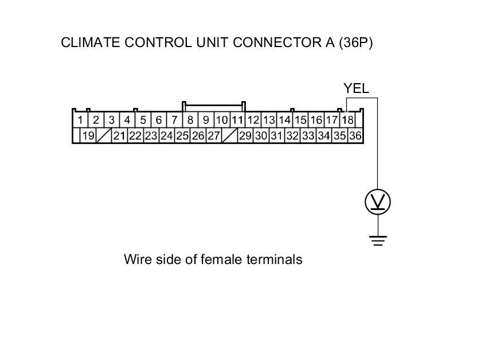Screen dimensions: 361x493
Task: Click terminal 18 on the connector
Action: coord(347,121)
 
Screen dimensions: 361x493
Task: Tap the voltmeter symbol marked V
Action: coord(378,202)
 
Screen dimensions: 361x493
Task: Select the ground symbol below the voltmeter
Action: coord(378,239)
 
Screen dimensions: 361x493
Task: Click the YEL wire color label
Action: coord(356,88)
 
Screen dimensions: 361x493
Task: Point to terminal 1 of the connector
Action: coord(81,121)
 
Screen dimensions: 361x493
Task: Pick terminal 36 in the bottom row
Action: coord(355,136)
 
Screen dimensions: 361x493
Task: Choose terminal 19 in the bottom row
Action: coord(88,136)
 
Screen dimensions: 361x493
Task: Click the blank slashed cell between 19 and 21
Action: coord(104,136)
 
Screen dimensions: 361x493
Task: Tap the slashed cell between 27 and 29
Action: coord(229,136)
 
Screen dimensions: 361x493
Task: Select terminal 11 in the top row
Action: coord(237,121)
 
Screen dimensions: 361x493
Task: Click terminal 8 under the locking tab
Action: coord(190,121)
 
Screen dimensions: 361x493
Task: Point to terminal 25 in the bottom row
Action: coord(182,136)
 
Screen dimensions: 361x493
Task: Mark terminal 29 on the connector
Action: coord(245,136)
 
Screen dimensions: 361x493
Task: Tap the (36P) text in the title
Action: coord(355,43)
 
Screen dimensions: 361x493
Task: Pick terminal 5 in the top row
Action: coord(143,121)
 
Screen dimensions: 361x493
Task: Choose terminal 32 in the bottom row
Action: coord(292,136)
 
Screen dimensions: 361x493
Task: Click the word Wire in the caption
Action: coord(136,259)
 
